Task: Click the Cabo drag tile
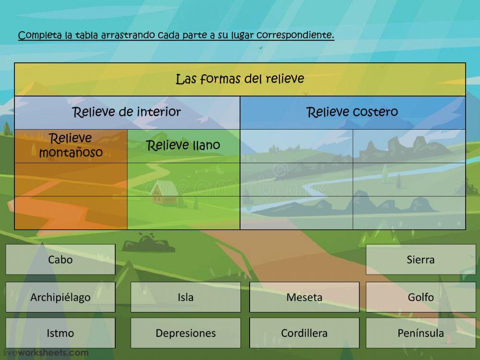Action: tap(60, 259)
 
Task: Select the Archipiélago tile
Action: tap(60, 297)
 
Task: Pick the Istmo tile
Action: tap(60, 333)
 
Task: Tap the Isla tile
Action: tap(185, 297)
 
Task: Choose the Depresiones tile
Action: tap(185, 333)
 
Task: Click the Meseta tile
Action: tap(304, 297)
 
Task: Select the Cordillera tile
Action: tap(304, 333)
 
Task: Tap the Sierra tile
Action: tap(420, 259)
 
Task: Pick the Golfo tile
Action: tap(420, 297)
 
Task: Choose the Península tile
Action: tap(420, 333)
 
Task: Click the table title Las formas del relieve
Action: tap(240, 79)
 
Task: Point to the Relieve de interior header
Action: tap(126, 112)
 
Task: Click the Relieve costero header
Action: tap(352, 112)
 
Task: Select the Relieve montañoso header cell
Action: tap(71, 145)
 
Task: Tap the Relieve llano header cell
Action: tap(183, 145)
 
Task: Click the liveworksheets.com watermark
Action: tap(46, 353)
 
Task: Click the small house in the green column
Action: tap(164, 192)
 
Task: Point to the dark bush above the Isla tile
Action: tap(148, 242)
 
